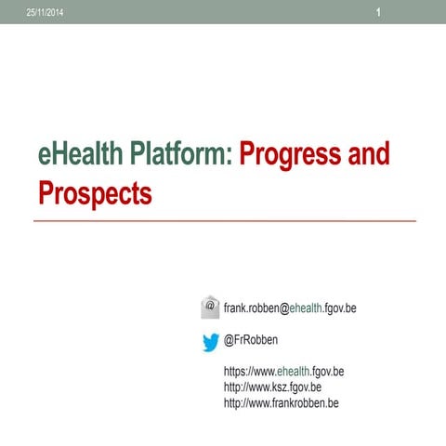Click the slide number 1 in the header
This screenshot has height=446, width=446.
(379, 11)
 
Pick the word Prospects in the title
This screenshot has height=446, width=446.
(95, 192)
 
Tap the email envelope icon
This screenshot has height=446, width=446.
(211, 307)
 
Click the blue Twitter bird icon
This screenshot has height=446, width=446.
(211, 342)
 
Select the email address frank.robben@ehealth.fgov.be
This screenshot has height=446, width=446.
(290, 308)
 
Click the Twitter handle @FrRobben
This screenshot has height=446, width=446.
(252, 341)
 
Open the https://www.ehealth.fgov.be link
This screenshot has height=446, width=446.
(284, 372)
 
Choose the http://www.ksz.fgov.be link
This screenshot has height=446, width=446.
(273, 387)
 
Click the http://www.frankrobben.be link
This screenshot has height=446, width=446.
(282, 402)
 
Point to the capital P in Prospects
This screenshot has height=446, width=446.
(47, 192)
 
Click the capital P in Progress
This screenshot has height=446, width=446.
(248, 153)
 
